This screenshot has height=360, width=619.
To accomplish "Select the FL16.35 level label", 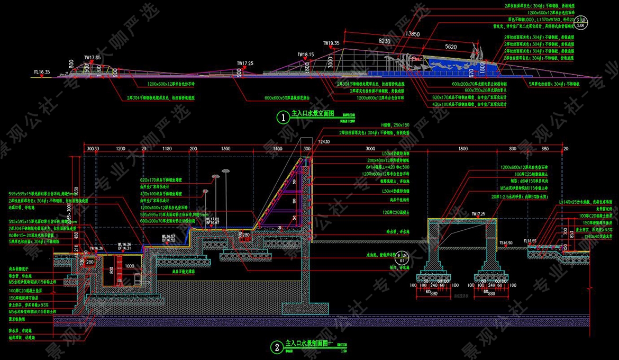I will (x=42, y=72).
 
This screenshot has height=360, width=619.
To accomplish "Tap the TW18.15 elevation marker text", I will (x=305, y=54).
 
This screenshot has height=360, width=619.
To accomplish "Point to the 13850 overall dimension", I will (x=413, y=34).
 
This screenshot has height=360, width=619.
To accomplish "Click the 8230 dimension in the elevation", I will (x=385, y=40).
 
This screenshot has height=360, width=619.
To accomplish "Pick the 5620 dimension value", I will (x=451, y=47).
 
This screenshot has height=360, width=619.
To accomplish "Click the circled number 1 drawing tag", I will (x=284, y=118).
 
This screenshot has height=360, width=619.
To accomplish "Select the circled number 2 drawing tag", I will (x=276, y=347).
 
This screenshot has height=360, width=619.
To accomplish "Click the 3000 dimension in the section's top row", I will (x=370, y=149).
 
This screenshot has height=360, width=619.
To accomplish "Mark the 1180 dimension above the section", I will (x=168, y=149).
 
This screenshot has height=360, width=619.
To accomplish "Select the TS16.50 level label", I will (x=507, y=242).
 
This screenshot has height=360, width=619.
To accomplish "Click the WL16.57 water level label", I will (x=169, y=237).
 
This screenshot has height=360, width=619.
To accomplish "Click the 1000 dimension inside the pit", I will (x=130, y=266).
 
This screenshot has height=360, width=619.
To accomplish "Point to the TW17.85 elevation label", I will (x=92, y=57).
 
